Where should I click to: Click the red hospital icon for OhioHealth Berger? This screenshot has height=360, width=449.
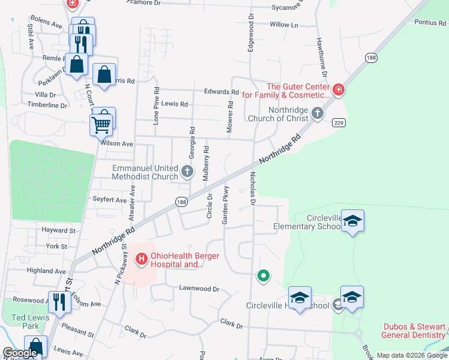tap(142, 259)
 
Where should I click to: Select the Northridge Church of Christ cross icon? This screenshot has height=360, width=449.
tap(318, 113)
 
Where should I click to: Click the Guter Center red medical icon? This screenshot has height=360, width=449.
tap(339, 90)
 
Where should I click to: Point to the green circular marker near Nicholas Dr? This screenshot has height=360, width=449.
tap(263, 276)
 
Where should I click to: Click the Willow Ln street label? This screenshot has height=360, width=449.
tap(284, 25)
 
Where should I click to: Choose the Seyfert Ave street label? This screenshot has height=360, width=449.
tap(110, 200)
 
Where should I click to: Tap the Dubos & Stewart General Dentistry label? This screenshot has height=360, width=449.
tap(414, 331)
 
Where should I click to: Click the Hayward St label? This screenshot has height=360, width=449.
tap(58, 230)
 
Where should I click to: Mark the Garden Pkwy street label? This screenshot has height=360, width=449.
tap(226, 208)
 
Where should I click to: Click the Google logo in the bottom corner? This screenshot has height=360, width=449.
tap(20, 353)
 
